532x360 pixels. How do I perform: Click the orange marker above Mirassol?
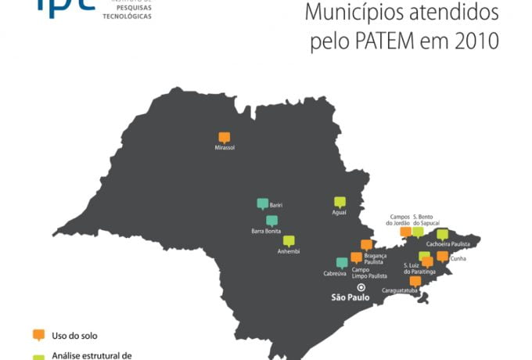tap(225, 136)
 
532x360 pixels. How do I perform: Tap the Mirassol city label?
tap(225, 147)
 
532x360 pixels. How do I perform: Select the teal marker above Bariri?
tap(263, 203)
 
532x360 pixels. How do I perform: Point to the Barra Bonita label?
tap(267, 231)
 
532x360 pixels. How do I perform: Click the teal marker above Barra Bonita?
tap(271, 221)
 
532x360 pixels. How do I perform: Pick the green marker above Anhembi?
tap(289, 241)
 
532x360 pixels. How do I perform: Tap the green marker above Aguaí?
tap(340, 202)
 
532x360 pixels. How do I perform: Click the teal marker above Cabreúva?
tap(342, 263)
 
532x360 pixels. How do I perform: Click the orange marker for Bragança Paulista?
tap(366, 245)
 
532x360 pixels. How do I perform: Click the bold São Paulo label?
tap(349, 298)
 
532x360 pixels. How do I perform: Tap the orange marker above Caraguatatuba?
tap(415, 281)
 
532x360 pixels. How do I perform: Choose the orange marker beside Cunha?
tap(442, 256)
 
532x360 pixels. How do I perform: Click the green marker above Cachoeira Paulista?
tap(442, 234)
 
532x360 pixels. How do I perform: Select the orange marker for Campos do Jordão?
tap(405, 231)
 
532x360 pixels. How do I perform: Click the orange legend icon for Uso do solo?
tap(38, 334)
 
